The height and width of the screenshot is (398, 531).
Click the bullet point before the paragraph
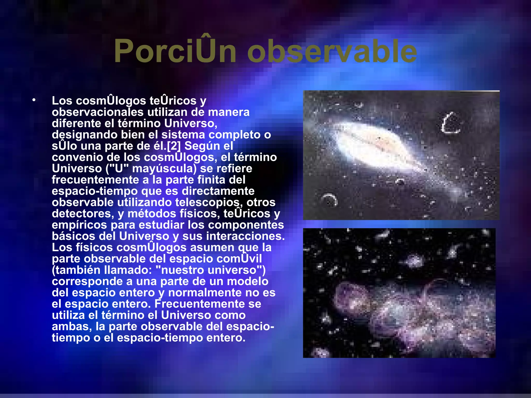34,100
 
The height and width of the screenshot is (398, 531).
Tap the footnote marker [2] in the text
174,146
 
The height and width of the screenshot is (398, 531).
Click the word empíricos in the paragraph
79,225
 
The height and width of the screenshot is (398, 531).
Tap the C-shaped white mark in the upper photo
450,123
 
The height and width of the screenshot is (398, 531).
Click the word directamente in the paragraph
218,191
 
